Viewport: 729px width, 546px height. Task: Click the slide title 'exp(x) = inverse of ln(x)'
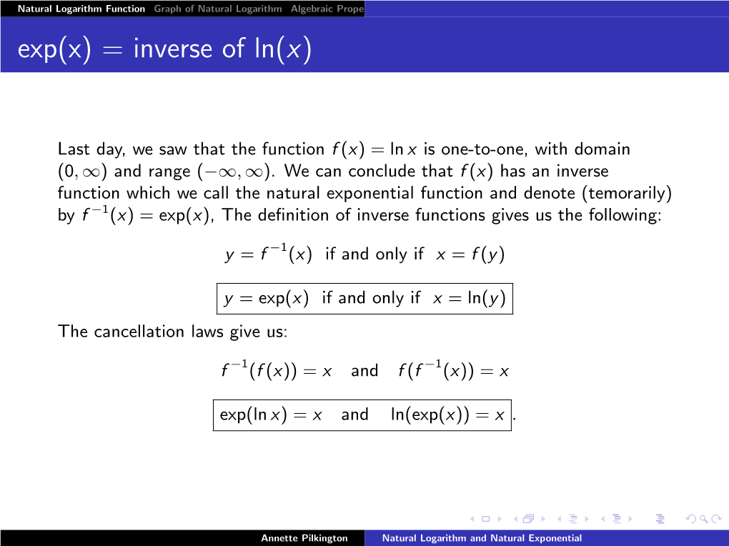point(164,49)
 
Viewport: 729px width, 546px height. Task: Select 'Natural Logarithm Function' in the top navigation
point(81,9)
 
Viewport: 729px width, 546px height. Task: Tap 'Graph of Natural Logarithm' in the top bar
point(218,9)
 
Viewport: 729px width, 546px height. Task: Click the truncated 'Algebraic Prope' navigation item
point(327,9)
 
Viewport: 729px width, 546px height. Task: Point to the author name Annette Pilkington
point(304,538)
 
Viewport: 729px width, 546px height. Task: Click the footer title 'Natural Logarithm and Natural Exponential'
point(482,538)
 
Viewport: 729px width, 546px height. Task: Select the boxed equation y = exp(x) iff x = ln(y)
point(364,299)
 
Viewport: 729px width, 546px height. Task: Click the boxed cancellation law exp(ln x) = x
point(271,415)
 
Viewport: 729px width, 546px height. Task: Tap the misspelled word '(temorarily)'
point(627,193)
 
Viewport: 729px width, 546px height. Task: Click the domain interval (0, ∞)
point(82,171)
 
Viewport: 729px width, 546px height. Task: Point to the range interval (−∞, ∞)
point(234,171)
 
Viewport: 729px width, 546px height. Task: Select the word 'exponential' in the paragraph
point(370,193)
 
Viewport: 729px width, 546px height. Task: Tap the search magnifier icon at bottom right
point(703,519)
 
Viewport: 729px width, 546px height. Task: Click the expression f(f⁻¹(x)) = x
point(453,371)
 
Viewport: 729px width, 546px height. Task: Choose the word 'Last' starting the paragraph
point(74,149)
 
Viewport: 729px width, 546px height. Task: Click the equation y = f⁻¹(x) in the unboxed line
point(268,254)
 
